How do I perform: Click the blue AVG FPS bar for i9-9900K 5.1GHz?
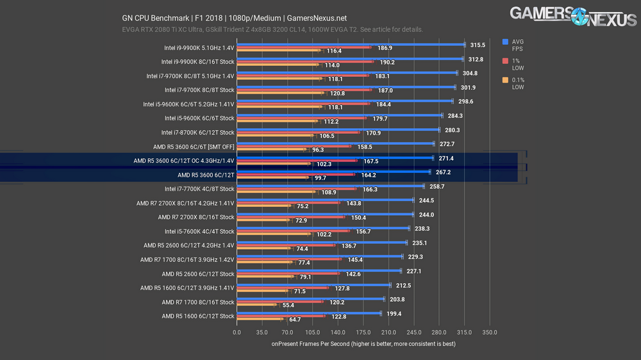click(351, 45)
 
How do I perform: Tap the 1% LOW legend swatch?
click(506, 61)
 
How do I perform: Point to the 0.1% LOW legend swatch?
click(506, 80)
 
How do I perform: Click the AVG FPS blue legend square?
click(506, 42)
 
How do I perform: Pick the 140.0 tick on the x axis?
click(338, 332)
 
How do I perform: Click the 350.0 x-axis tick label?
click(490, 332)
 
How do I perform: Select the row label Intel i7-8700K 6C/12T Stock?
click(199, 133)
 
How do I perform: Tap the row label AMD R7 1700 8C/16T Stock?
click(198, 302)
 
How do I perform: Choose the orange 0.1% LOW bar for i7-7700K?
click(276, 192)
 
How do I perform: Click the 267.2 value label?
click(444, 172)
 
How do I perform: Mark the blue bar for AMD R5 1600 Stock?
click(309, 313)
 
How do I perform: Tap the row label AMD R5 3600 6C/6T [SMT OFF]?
click(194, 147)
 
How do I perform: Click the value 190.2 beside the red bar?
click(387, 62)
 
